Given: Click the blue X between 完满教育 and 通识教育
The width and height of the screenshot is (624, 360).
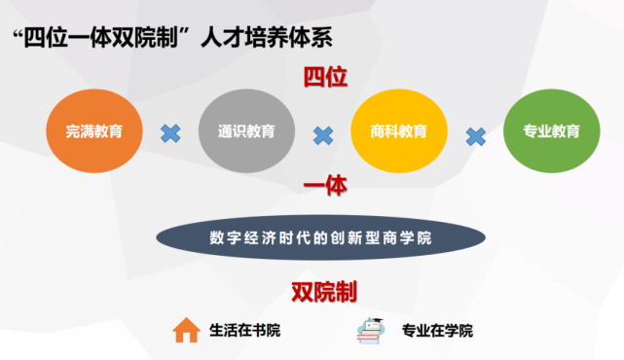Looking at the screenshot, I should [170, 132].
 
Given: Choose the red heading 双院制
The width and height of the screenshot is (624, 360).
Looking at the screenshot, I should [324, 291].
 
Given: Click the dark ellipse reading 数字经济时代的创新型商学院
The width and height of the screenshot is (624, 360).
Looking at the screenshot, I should [320, 236].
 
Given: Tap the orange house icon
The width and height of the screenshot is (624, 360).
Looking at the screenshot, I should [186, 331].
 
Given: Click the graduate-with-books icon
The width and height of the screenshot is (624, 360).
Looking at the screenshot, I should [371, 330].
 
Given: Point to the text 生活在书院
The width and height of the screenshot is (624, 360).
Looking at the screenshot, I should [244, 331].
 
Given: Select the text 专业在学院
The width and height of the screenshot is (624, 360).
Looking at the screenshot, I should [437, 331].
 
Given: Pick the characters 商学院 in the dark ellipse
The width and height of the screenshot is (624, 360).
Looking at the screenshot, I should [410, 236].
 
